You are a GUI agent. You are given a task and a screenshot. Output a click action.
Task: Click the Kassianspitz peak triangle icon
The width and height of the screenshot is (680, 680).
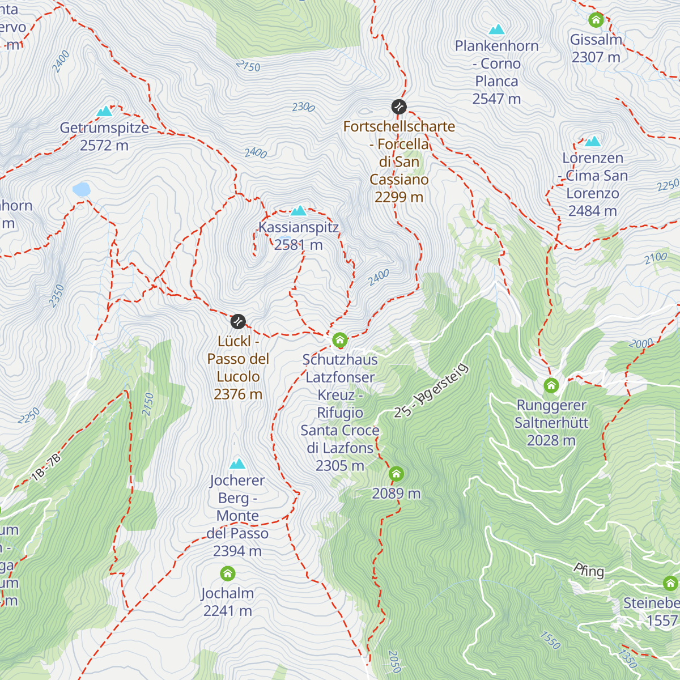click(298, 211)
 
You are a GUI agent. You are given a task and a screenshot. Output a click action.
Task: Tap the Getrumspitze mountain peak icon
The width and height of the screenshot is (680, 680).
click(104, 111)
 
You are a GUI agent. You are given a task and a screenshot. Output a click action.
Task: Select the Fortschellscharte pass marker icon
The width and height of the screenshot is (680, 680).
click(399, 107)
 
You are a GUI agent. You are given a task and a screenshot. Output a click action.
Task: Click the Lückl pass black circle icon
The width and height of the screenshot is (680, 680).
click(239, 321)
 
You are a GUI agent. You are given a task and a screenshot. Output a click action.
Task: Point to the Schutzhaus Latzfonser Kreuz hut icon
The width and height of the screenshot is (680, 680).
click(339, 340)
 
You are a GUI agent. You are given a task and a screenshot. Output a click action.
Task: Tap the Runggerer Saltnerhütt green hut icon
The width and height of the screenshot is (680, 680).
click(551, 386)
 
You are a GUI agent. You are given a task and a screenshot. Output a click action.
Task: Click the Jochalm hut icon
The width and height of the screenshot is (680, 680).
click(227, 573)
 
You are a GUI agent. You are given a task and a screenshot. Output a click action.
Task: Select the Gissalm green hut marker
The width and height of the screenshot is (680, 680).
click(596, 20)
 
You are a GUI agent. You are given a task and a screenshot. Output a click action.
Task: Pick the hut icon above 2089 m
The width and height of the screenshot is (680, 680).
click(396, 474)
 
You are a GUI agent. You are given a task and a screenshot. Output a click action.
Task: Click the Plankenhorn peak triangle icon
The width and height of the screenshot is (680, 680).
click(496, 29)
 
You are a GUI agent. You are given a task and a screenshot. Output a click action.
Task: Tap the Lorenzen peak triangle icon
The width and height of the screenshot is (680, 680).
click(593, 141)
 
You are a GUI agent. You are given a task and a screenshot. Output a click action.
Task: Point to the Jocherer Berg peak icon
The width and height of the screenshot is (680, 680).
click(237, 464)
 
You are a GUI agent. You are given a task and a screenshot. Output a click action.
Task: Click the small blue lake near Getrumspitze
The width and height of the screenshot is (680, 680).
click(82, 189)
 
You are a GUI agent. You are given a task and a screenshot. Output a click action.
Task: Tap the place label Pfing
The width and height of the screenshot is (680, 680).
click(589, 570)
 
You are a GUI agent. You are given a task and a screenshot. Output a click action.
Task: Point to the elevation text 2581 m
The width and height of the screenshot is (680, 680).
click(298, 245)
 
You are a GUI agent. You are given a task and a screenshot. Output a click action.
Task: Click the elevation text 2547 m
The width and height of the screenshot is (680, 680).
click(496, 99)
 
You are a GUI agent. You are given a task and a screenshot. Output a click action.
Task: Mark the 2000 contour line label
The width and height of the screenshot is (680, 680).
click(641, 343)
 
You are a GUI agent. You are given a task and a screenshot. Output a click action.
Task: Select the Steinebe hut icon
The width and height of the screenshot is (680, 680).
click(670, 583)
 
